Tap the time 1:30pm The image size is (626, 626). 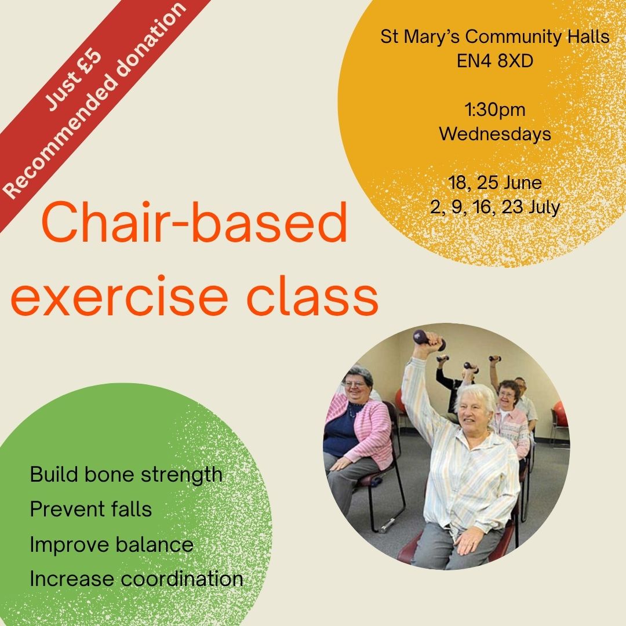point(494,110)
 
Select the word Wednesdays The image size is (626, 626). point(495,134)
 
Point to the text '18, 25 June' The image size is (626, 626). point(495,183)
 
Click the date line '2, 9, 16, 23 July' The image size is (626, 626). point(495,207)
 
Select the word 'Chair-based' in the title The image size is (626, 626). point(194,222)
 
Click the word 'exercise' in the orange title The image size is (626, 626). point(119,296)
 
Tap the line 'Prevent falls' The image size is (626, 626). point(91,509)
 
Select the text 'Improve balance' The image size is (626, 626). point(111,544)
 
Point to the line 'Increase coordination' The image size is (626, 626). point(137,579)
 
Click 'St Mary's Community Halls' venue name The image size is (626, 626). point(495,37)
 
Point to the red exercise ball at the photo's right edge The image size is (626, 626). point(561,413)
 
